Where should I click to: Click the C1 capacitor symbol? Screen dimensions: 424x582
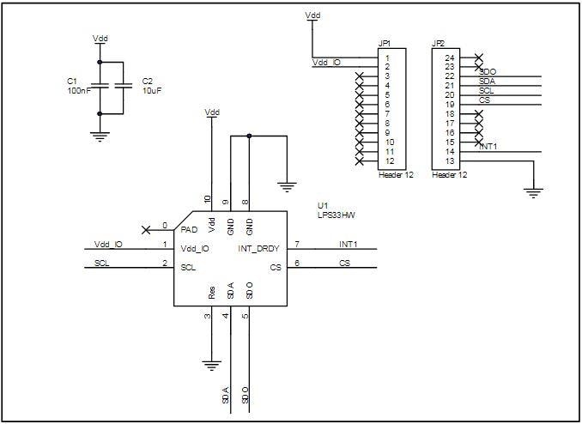pos(100,86)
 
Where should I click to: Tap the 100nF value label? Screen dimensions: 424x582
pos(78,89)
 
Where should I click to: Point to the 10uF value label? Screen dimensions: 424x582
pos(153,89)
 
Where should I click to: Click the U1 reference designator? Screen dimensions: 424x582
pos(323,206)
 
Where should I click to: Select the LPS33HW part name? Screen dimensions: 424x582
pos(336,216)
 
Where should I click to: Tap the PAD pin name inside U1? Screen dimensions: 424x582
pos(190,229)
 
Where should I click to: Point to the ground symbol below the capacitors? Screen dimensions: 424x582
pos(100,135)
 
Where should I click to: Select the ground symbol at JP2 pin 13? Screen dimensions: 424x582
pos(534,192)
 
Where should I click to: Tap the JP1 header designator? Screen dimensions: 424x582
pos(385,43)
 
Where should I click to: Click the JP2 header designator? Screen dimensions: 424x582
pos(438,43)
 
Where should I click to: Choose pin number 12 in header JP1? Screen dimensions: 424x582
pos(390,161)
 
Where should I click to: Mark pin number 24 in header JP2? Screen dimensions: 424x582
pos(449,58)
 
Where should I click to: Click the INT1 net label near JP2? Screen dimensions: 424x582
pos(489,147)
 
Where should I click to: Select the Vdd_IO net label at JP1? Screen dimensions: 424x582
pos(325,63)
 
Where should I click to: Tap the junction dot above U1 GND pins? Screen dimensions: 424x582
pos(249,136)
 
